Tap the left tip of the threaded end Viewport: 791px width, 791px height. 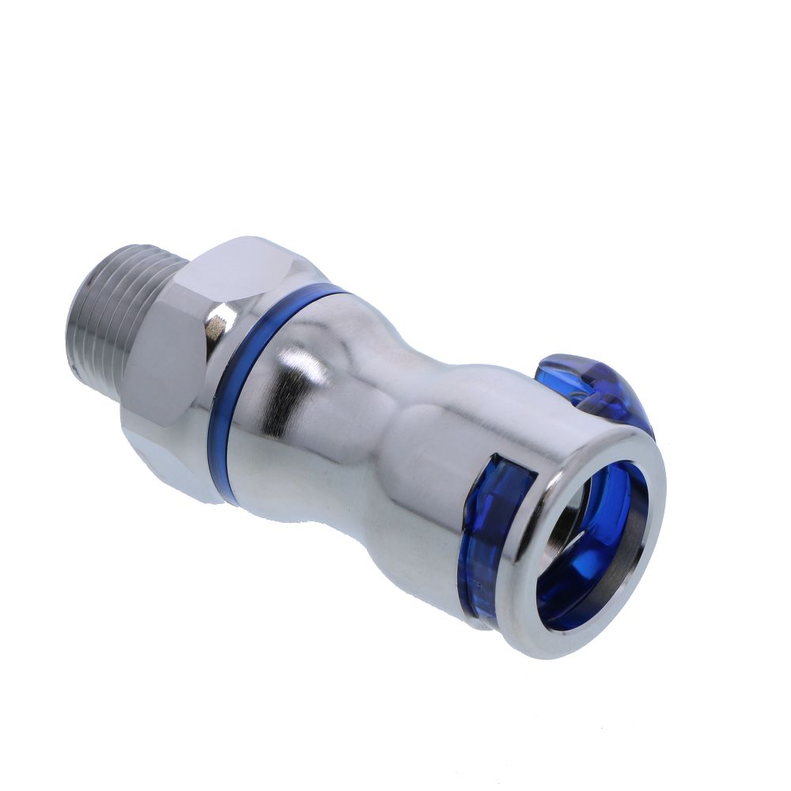pos(73,332)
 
